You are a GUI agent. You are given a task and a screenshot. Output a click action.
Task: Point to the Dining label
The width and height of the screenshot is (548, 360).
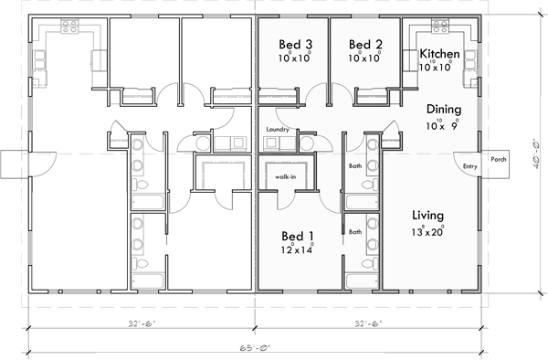tap(443, 107)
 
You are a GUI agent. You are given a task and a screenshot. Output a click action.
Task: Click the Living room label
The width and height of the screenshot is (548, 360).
tap(427, 215)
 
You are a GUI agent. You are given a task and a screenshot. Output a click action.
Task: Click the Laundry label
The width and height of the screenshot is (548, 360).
tap(279, 131)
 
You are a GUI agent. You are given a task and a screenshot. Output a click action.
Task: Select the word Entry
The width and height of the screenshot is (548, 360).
tap(470, 166)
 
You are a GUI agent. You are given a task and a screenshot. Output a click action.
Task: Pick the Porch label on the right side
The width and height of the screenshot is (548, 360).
tap(499, 158)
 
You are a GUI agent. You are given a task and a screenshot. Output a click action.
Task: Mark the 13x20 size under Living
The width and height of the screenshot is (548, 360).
tap(427, 231)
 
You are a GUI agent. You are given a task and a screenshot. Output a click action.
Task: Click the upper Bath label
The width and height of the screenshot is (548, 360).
tap(355, 166)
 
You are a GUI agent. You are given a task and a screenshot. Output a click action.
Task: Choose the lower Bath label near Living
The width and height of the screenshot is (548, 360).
tap(355, 232)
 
